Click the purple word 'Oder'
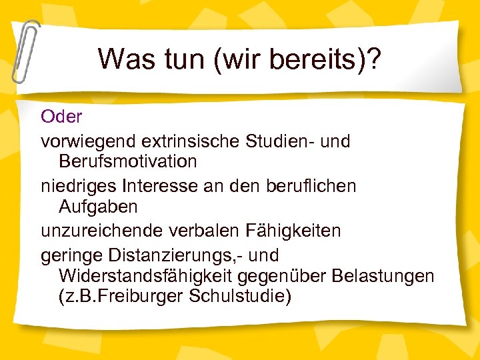point(61,117)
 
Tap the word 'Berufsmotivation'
point(127,161)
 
